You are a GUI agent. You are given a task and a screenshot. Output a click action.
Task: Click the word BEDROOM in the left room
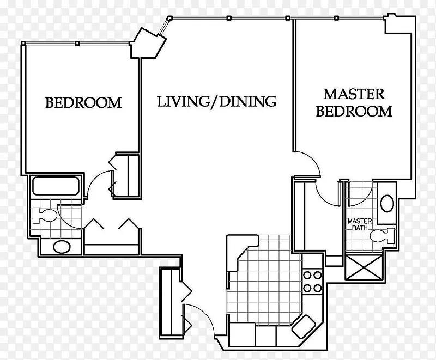coord(83,102)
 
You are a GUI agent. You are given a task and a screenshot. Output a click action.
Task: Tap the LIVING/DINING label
coord(216,101)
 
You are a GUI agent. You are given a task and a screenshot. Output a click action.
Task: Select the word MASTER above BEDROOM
coord(354,94)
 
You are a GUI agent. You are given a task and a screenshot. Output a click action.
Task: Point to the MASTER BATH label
coord(360,224)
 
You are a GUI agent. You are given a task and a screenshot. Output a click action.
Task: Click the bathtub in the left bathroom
coord(56,186)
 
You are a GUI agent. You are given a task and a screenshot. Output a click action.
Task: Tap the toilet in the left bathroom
coord(45,215)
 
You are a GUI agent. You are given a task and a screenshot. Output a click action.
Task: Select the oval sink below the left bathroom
coord(62,247)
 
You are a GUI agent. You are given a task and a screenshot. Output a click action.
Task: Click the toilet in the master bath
coord(382,236)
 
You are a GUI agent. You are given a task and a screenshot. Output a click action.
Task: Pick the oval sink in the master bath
coord(387,204)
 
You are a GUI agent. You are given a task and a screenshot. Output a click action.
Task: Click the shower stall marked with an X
coord(364,267)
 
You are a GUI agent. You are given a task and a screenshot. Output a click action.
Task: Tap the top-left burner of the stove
coord(307,275)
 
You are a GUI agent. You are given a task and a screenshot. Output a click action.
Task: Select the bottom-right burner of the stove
coord(317,288)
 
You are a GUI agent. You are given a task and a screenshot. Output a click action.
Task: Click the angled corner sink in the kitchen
coord(304,326)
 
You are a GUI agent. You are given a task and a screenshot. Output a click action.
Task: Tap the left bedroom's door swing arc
coord(96,179)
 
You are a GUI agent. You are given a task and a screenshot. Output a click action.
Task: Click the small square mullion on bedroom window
coord(77,44)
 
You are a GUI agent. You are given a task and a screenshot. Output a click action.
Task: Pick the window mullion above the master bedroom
coord(336,18)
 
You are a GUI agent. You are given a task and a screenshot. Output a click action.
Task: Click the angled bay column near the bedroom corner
coord(148,44)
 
